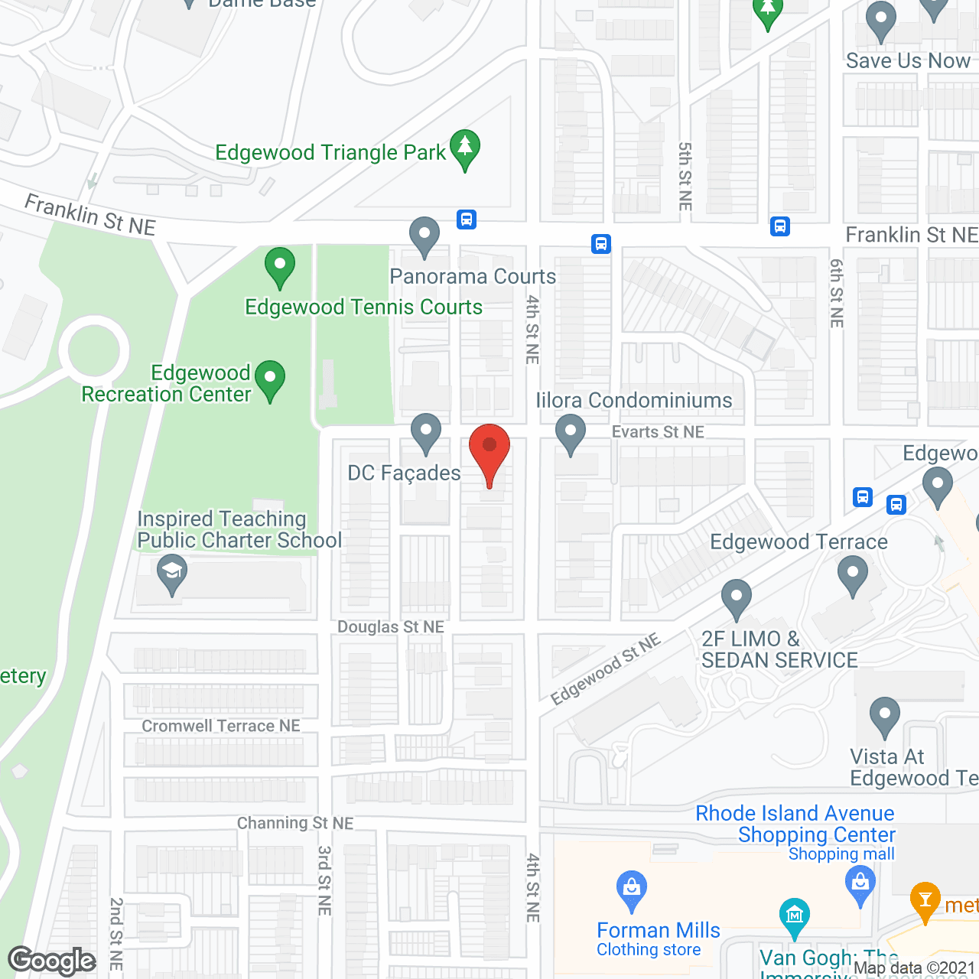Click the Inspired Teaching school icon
[x=172, y=573]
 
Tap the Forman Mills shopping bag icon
[x=632, y=890]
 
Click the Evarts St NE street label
[x=658, y=432]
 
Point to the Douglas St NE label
[x=391, y=627]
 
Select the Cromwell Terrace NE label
[x=221, y=726]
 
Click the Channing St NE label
[x=295, y=823]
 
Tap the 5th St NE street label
[x=685, y=177]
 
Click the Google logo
[x=52, y=961]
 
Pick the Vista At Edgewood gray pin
[x=885, y=716]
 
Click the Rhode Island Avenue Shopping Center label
[x=795, y=824]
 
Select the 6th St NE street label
[x=837, y=293]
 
